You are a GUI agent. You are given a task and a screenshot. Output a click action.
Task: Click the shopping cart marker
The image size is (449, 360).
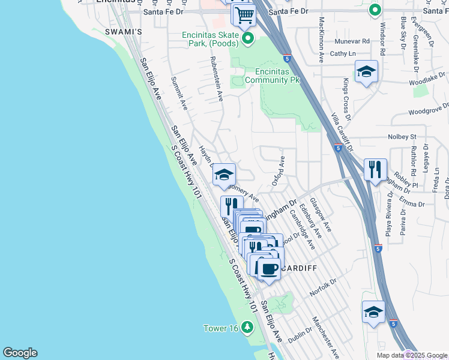(x=244, y=14)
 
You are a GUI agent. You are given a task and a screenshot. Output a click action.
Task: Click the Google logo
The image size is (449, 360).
(x=20, y=353)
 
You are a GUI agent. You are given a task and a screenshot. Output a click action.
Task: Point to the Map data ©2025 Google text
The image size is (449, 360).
(x=412, y=355)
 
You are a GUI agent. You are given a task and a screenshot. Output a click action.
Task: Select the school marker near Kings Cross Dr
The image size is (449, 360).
(x=366, y=72)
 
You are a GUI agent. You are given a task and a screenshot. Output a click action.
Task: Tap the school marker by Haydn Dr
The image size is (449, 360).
(x=224, y=175)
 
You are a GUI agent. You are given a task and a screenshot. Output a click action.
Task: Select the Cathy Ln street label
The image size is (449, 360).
(x=339, y=53)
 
